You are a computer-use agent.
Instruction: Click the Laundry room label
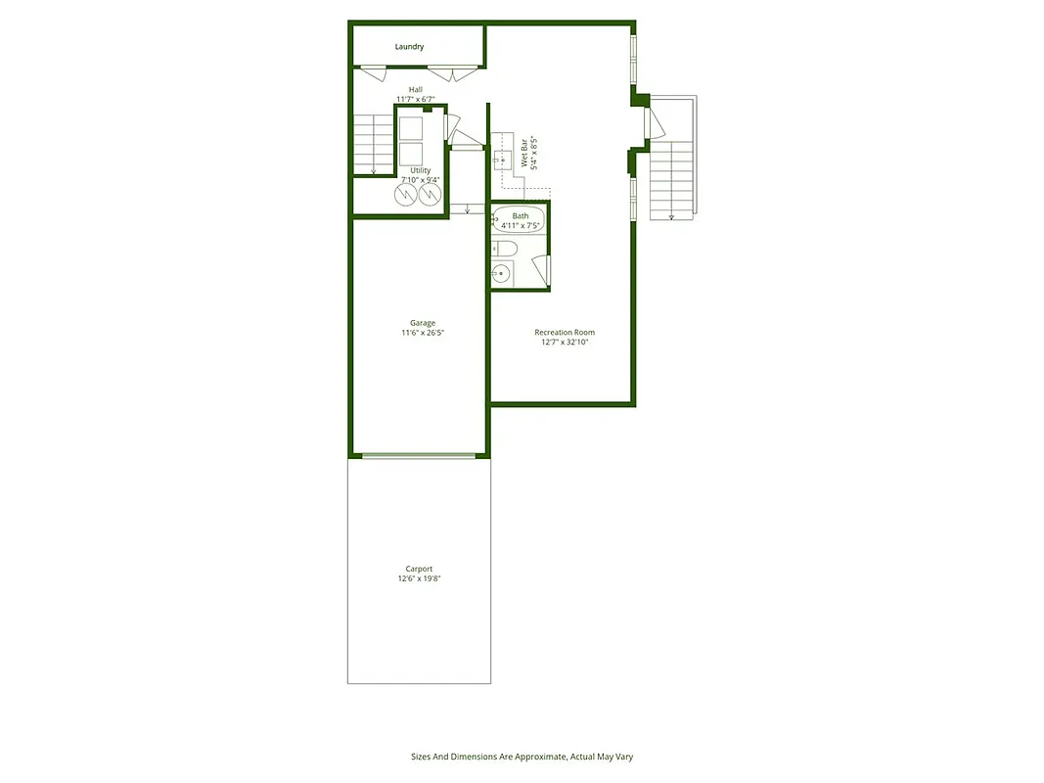coord(409,47)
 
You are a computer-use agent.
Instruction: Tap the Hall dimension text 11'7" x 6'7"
coord(423,99)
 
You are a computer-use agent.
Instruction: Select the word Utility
coord(420,170)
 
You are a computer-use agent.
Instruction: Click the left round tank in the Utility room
coord(406,196)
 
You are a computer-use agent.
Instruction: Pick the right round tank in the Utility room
coord(431,196)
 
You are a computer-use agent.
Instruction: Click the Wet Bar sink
coord(503,157)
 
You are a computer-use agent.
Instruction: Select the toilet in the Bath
coord(503,249)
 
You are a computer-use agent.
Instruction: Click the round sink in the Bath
coord(502,274)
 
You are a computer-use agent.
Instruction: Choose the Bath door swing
coord(540,269)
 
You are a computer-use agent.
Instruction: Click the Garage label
coord(423,323)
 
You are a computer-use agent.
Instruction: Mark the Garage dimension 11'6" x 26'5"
coord(423,334)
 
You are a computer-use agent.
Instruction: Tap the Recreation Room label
coord(565,333)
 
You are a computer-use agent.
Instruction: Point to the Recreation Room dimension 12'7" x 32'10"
coord(565,343)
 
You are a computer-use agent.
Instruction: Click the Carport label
coord(419,569)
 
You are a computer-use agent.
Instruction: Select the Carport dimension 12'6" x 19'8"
coord(419,579)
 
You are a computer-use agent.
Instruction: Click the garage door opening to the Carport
coord(420,455)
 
